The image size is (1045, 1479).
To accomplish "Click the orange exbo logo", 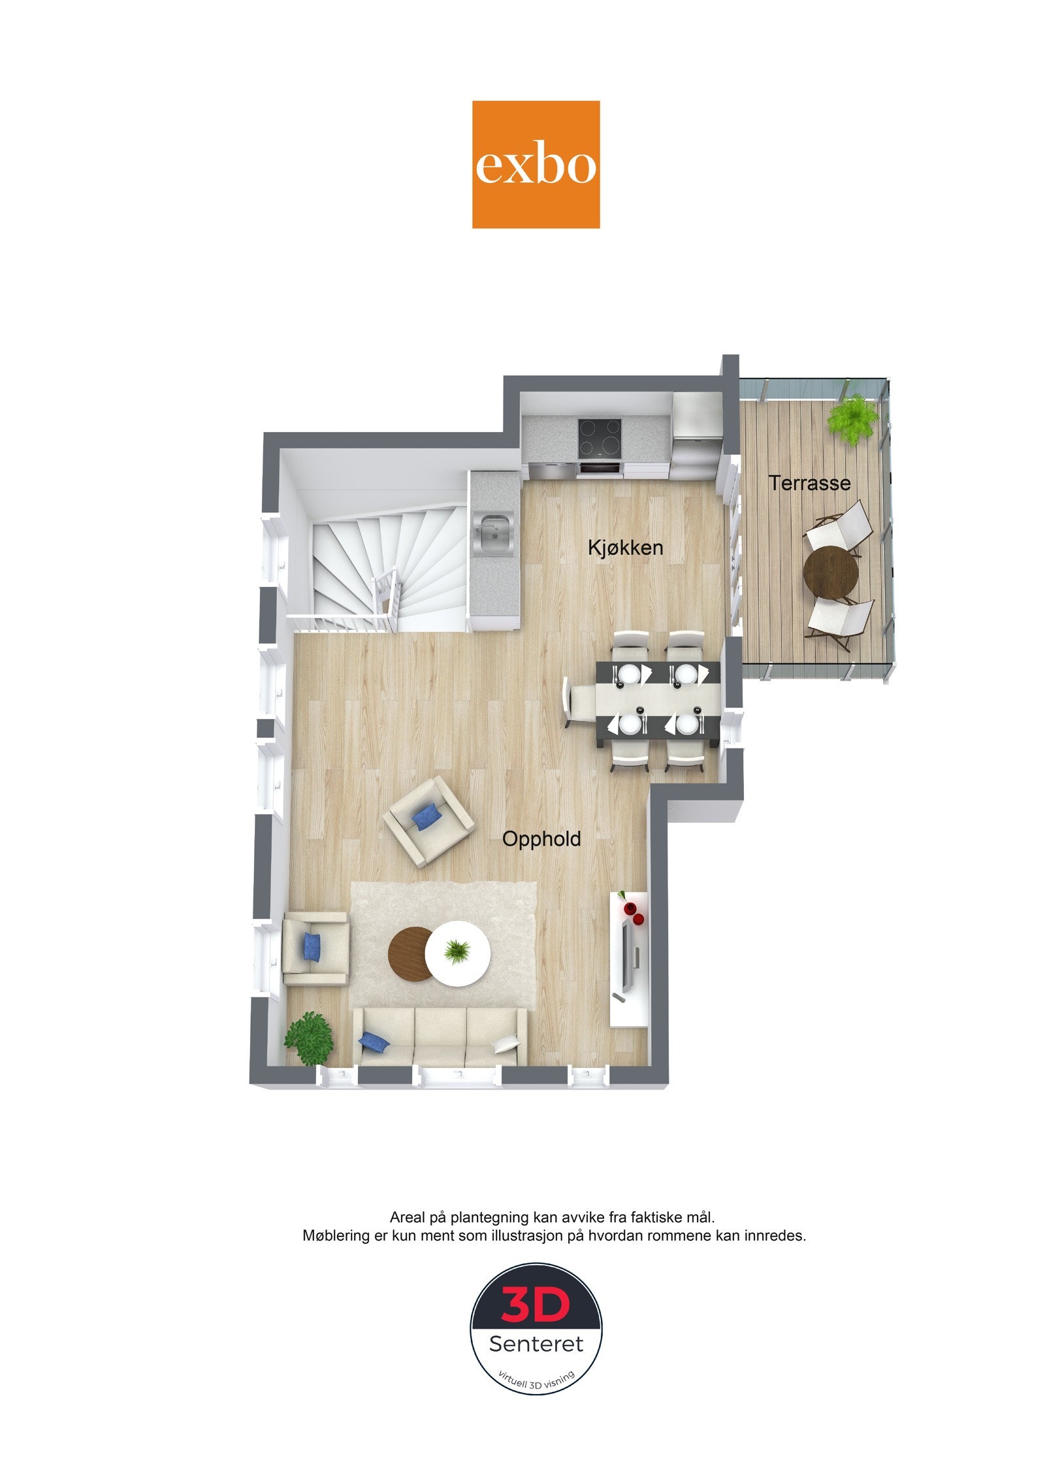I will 536,164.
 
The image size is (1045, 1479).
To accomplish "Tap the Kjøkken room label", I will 625,548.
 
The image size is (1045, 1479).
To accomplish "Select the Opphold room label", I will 541,839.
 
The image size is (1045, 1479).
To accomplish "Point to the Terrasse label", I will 809,484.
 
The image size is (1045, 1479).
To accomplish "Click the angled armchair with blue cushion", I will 428,821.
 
